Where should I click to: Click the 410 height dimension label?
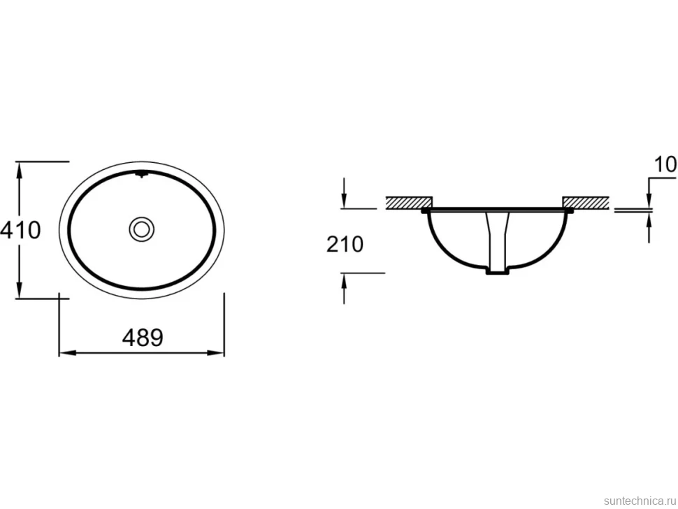pos(20,230)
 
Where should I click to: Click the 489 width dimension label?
pos(143,337)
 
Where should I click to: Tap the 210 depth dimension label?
pos(345,244)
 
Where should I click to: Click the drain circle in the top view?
pos(141,229)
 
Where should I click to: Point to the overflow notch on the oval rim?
pos(141,175)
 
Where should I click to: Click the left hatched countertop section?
pos(409,202)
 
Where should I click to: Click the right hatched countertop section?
pos(586,202)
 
